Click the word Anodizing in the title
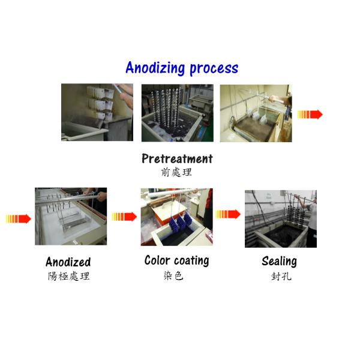pos(155,68)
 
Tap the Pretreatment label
pos(177,159)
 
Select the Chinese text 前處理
pos(176,172)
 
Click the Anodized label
pos(68,262)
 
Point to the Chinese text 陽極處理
pos(68,277)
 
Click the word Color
pos(158,260)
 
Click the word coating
pos(191,261)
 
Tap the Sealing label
pos(279,261)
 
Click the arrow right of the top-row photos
pos(310,114)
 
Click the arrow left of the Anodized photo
pos(18,218)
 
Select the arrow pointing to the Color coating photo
pos(124,217)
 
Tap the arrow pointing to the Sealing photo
pos(228,214)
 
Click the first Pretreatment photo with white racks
pos(97,112)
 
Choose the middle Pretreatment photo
pos(177,113)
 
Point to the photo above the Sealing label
pos(280,218)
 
